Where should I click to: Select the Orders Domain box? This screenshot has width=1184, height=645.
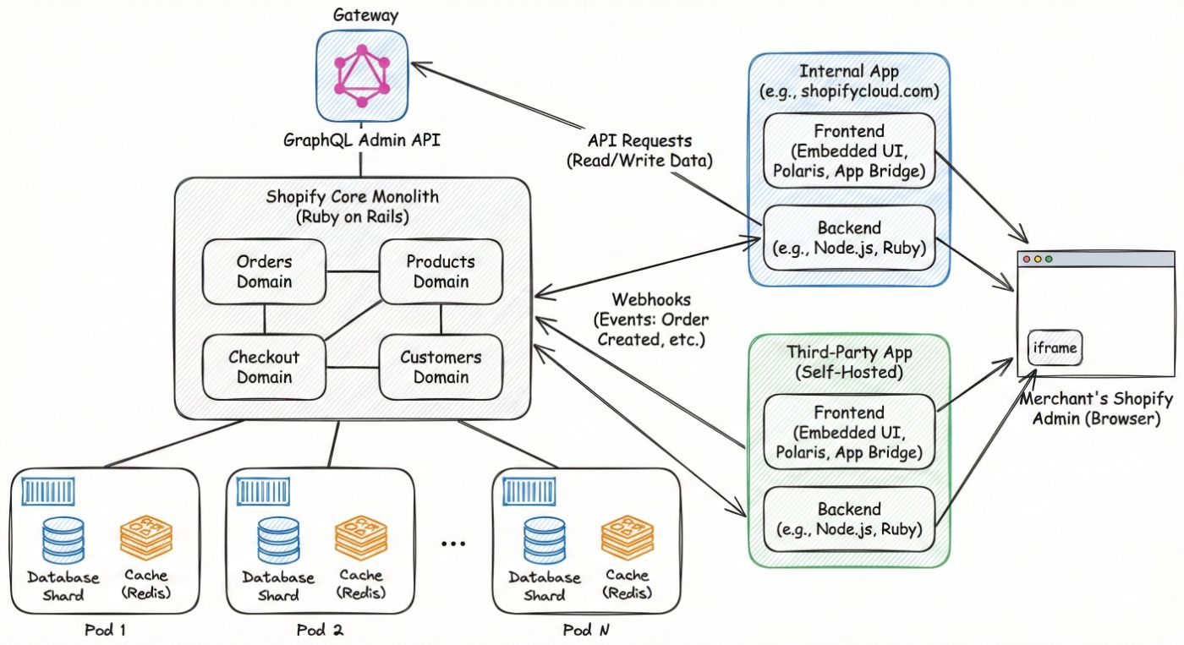point(264,271)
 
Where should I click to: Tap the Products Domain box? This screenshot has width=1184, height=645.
point(440,271)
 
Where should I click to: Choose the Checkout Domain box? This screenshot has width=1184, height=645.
point(264,368)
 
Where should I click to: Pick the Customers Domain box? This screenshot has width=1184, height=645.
point(440,368)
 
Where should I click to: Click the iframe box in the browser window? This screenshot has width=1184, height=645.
point(1054,347)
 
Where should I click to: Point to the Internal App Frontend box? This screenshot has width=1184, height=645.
point(849,151)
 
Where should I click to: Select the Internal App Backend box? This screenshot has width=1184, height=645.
point(849,238)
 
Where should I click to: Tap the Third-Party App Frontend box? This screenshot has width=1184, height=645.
point(849,433)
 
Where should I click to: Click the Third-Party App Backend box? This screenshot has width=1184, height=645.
point(849,519)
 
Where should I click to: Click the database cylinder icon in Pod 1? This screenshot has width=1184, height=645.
point(63,540)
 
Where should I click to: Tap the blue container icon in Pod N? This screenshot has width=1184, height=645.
point(529,490)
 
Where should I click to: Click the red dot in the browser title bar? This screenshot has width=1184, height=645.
point(1027,259)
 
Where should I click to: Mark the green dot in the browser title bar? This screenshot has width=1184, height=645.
point(1049,259)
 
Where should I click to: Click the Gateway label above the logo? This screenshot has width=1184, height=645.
point(366,15)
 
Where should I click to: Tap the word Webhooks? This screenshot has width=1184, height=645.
point(652,300)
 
